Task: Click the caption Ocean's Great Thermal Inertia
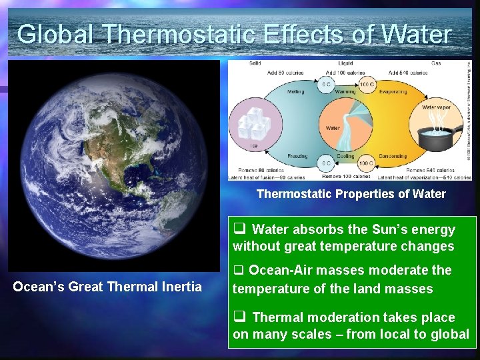[107, 287]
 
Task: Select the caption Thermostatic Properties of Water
[351, 194]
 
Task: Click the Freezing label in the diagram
[297, 156]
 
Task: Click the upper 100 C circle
[366, 85]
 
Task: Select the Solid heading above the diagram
[237, 64]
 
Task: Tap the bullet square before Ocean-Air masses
[238, 271]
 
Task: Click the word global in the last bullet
[451, 334]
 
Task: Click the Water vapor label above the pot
[436, 107]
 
